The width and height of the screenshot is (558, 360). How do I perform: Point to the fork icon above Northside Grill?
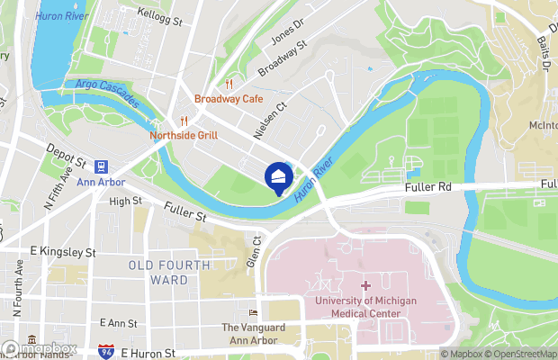tap(183, 121)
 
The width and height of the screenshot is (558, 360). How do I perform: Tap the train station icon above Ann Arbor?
tap(101, 166)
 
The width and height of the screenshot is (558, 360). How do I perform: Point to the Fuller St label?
tap(186, 212)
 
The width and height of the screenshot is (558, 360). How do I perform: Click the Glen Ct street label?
tap(256, 250)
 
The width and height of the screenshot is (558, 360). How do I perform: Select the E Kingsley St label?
tap(62, 252)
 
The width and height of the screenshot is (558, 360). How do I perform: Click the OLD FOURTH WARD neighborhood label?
tap(170, 273)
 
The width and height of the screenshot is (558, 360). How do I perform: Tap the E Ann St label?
tap(118, 322)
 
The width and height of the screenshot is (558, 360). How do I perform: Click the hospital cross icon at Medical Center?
tap(364, 286)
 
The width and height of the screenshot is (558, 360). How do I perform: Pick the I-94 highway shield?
tap(106, 351)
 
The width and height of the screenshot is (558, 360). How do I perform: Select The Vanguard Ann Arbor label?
tap(253, 334)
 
